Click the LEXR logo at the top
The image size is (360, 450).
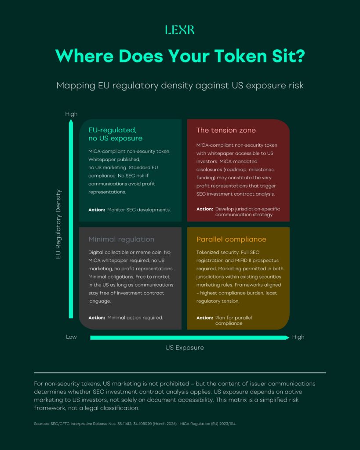(180, 30)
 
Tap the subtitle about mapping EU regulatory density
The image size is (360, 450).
(180, 85)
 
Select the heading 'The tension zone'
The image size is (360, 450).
(226, 131)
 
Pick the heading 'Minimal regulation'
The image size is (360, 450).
(121, 240)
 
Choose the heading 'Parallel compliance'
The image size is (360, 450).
(231, 240)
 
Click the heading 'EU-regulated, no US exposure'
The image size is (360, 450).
(116, 134)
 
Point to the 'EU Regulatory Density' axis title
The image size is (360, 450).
(58, 224)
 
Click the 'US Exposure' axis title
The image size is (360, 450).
(185, 348)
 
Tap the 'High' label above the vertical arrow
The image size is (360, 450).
(71, 114)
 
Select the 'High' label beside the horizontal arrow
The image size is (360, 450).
(298, 337)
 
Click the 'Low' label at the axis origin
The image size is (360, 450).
(71, 337)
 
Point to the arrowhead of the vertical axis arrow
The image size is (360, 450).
(71, 124)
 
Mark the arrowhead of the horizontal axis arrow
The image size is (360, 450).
(287, 337)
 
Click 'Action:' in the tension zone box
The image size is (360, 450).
(204, 209)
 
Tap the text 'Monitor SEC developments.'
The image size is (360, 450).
(139, 210)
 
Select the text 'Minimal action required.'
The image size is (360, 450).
(135, 318)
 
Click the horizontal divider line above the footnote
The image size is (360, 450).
(180, 372)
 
